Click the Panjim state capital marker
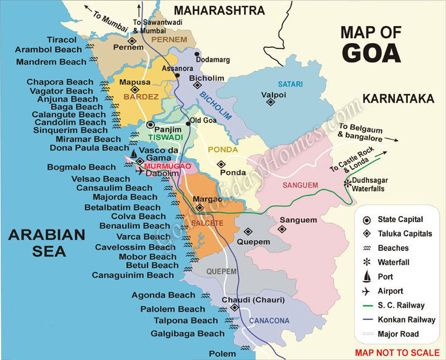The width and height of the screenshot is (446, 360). [151, 124]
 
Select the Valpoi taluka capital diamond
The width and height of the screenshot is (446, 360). [271, 102]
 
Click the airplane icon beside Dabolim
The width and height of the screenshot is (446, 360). [140, 172]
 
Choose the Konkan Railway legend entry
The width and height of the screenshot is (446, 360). [407, 319]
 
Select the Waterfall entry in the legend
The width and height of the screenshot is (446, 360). [394, 262]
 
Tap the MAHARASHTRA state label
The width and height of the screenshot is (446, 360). [219, 10]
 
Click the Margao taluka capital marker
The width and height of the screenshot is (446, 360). [200, 208]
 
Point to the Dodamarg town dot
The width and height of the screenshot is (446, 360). [197, 54]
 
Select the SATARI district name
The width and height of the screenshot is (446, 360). [289, 84]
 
